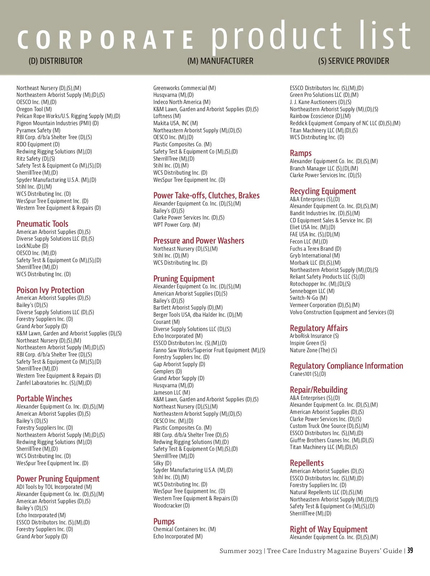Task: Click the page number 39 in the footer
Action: pyautogui.click(x=410, y=551)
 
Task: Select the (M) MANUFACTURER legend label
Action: pyautogui.click(x=220, y=61)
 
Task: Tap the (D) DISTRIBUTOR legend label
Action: pyautogui.click(x=56, y=61)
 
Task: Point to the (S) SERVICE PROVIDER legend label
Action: pyautogui.click(x=353, y=61)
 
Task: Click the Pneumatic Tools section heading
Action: pyautogui.click(x=42, y=224)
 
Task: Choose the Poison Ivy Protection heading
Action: pyautogui.click(x=50, y=290)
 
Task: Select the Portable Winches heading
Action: pyautogui.click(x=44, y=398)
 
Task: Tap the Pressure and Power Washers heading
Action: pyautogui.click(x=199, y=241)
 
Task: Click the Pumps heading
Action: pyautogui.click(x=164, y=521)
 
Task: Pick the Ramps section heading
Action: pyautogui.click(x=301, y=153)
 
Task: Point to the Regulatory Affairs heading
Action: pyautogui.click(x=319, y=328)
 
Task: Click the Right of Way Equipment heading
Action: pyautogui.click(x=329, y=529)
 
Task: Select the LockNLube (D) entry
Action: pyautogui.click(x=32, y=246)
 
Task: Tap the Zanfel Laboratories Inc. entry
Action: pyautogui.click(x=54, y=383)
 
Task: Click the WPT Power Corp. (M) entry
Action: pyautogui.click(x=177, y=225)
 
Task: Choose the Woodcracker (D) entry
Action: pyautogui.click(x=171, y=506)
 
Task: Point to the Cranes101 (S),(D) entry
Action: pyautogui.click(x=308, y=374)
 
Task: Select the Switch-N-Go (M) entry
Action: pyautogui.click(x=309, y=298)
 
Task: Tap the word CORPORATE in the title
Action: pyautogui.click(x=106, y=39)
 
